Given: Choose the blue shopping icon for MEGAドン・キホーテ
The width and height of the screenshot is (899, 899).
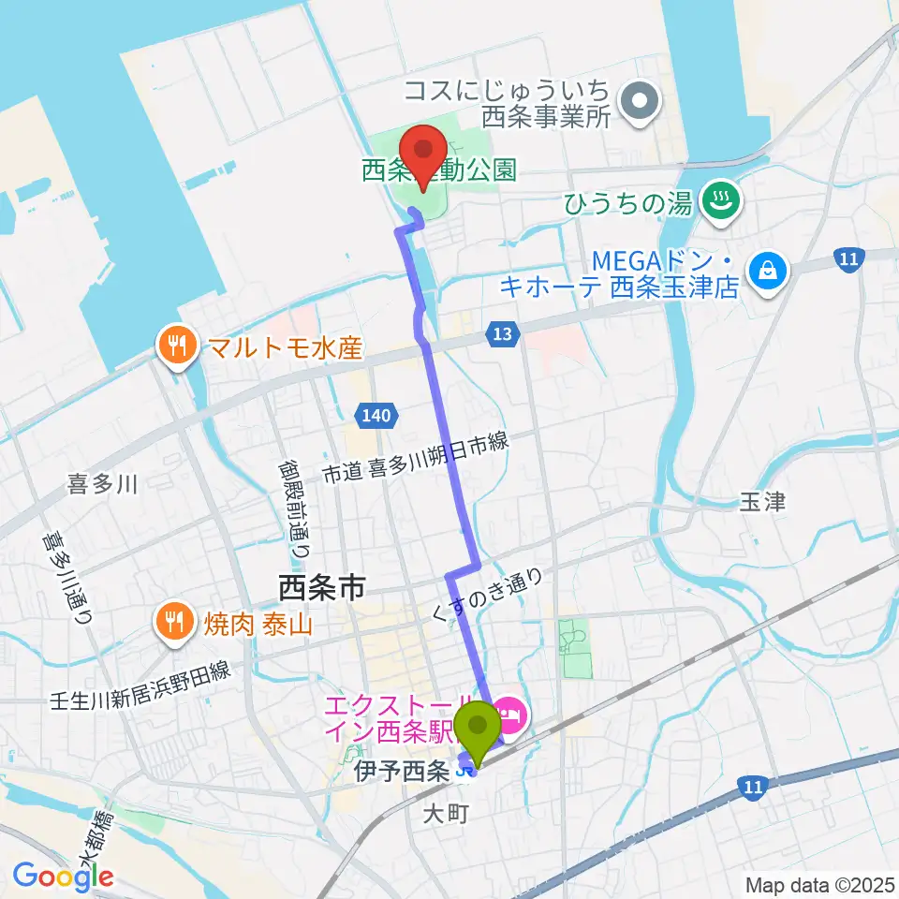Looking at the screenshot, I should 768,271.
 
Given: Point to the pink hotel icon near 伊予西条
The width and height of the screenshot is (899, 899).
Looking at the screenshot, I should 511,718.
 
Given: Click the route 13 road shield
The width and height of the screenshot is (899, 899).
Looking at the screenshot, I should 502,333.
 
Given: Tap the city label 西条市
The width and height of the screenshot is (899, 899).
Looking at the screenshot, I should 321,588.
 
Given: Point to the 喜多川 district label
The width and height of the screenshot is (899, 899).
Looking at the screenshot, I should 103,484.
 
